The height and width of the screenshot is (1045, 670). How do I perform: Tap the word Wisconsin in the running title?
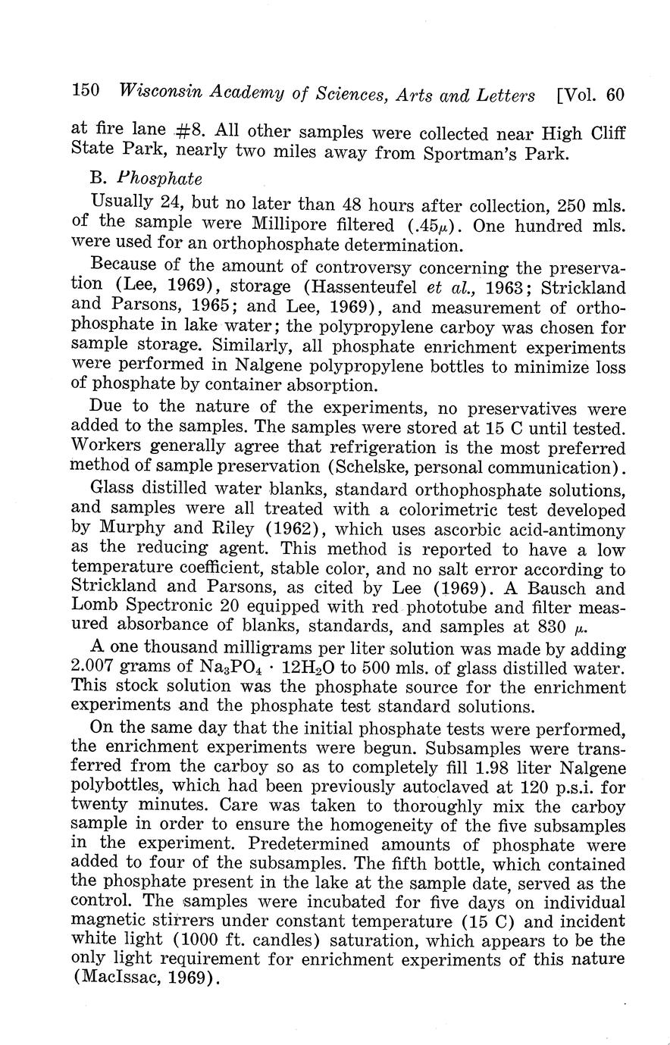(160, 93)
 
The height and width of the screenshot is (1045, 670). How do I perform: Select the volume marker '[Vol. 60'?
(590, 95)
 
